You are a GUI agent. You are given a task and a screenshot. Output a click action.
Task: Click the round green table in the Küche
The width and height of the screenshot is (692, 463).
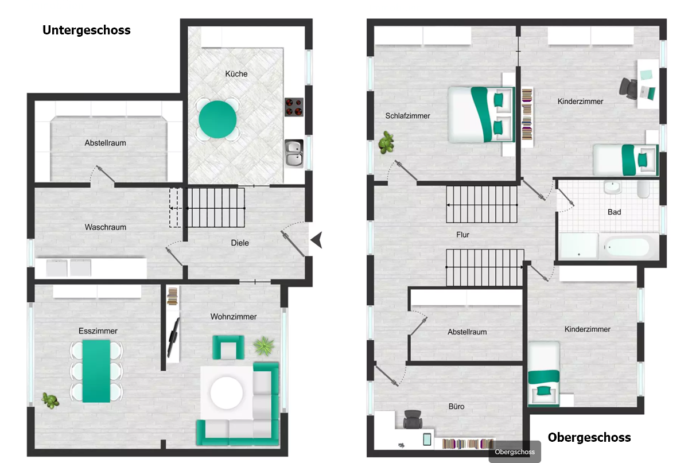click(x=217, y=119)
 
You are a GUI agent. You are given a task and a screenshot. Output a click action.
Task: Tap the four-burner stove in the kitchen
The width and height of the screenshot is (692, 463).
click(x=294, y=107)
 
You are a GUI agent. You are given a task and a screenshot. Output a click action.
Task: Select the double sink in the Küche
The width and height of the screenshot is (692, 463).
click(x=294, y=154)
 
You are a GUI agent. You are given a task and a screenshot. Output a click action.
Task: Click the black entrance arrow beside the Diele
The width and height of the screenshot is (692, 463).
click(x=317, y=240)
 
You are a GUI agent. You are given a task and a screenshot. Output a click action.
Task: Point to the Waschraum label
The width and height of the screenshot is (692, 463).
click(x=106, y=227)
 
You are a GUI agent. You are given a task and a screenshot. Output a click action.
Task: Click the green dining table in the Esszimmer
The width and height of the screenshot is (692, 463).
click(x=96, y=371)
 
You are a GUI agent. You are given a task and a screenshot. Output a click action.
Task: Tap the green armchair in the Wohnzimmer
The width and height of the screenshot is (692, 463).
click(x=228, y=348)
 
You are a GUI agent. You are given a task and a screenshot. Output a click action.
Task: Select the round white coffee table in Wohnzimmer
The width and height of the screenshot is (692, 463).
click(x=227, y=393)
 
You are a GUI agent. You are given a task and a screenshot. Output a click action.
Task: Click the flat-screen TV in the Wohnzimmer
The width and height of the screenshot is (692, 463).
click(x=173, y=337)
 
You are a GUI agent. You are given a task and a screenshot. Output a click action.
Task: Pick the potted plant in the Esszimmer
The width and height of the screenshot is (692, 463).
click(x=50, y=400)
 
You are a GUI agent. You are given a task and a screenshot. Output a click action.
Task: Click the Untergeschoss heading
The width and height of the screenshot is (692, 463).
click(x=87, y=30)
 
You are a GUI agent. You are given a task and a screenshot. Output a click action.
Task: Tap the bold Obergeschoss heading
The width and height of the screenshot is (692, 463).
click(x=589, y=437)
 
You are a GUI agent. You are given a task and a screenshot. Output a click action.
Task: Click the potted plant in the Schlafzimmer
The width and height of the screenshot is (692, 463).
click(x=386, y=142)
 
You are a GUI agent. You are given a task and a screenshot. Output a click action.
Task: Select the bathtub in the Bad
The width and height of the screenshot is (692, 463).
click(x=627, y=247)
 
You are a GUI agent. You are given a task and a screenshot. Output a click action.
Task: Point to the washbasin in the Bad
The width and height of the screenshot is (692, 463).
click(x=612, y=187)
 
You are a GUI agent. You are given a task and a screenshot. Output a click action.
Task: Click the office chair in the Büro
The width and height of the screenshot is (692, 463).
click(x=413, y=419)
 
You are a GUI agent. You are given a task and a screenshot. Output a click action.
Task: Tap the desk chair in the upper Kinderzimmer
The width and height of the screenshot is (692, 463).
click(x=628, y=88)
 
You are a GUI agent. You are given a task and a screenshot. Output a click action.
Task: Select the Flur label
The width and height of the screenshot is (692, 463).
click(x=463, y=235)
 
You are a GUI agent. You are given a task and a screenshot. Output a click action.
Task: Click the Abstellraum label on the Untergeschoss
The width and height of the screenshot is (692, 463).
click(x=106, y=143)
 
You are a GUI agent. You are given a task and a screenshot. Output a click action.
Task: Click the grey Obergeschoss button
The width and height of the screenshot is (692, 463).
click(x=515, y=452)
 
